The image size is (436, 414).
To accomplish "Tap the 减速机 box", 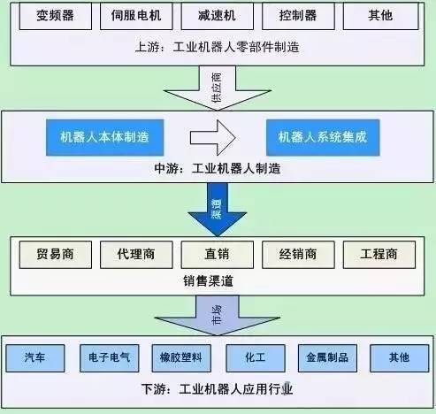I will (x=218, y=17).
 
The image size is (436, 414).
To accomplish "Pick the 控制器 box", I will (x=299, y=17).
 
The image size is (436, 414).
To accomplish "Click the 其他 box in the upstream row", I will (x=379, y=17).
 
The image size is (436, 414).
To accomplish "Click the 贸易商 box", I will (x=56, y=254).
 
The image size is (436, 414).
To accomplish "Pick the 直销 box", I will (x=218, y=254).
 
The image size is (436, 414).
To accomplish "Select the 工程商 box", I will (x=379, y=254).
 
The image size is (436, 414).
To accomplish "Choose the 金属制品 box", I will (x=325, y=357).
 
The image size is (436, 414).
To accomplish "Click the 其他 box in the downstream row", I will (x=398, y=357).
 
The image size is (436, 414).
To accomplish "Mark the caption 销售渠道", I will (x=218, y=280).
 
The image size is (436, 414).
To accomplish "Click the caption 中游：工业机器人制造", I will (x=218, y=168).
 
